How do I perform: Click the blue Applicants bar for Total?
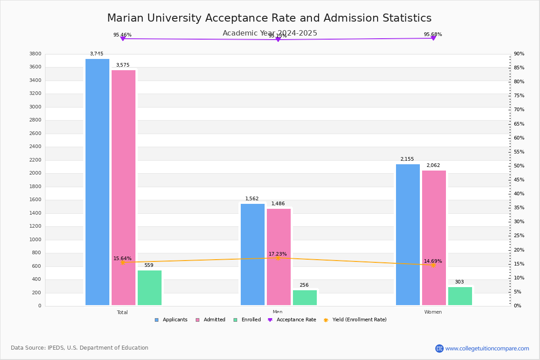[97, 182]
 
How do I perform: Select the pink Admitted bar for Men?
[279, 257]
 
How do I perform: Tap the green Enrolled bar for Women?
[460, 296]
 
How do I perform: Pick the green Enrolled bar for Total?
[149, 288]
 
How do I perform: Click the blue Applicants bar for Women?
[408, 234]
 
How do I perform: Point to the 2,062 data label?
[433, 166]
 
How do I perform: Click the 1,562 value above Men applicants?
[252, 199]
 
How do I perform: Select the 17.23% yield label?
[278, 254]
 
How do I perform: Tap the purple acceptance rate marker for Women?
[433, 38]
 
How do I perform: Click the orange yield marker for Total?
[123, 262]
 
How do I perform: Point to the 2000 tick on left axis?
[36, 173]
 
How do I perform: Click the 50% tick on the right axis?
[519, 166]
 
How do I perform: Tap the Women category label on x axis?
[433, 312]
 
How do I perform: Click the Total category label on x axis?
[122, 312]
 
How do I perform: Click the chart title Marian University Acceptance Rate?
[269, 18]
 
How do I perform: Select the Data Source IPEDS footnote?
[80, 348]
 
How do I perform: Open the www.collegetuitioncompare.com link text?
[487, 348]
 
